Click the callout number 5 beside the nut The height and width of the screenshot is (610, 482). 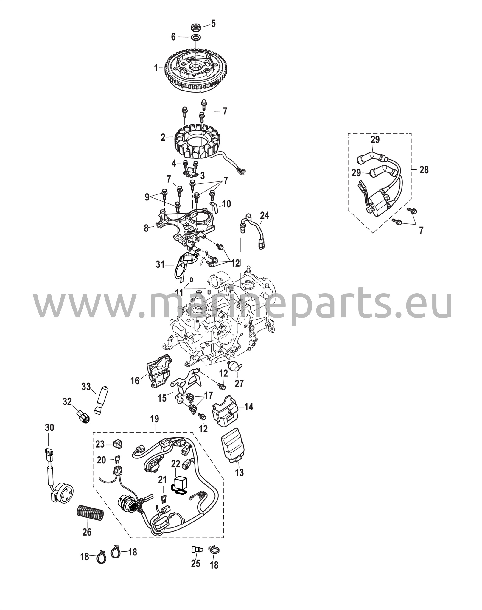(x=213, y=24)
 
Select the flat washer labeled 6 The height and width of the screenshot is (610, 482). (x=195, y=38)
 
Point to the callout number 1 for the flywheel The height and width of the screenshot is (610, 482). (x=156, y=68)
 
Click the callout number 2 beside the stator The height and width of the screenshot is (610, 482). (x=163, y=137)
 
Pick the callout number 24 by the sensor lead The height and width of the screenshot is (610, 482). (x=264, y=215)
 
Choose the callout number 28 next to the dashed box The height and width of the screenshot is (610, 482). (x=424, y=170)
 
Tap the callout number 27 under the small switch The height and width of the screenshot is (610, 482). (x=239, y=384)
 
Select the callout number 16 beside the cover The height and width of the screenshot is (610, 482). (x=135, y=380)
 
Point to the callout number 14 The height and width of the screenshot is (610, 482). (x=249, y=407)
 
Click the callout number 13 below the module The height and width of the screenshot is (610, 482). (x=240, y=472)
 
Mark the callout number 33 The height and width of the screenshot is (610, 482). (x=86, y=387)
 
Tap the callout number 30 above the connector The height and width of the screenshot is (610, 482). (x=50, y=428)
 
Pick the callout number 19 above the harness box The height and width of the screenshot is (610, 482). (x=155, y=419)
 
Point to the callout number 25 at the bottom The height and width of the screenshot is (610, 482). (x=196, y=564)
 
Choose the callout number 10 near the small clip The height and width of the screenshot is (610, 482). (x=226, y=204)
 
